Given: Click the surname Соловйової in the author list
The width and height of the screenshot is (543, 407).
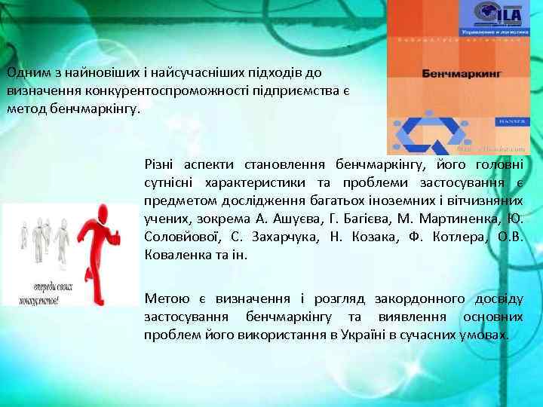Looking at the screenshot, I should coord(182,237).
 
